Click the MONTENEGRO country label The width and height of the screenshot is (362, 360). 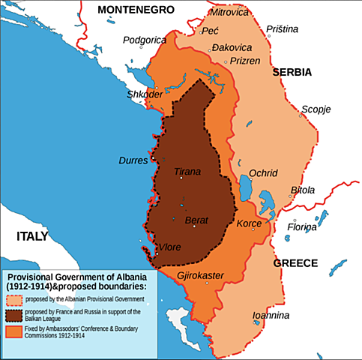pos(136,10)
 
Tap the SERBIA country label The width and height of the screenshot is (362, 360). pos(294,73)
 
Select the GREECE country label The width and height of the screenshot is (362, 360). pos(295,263)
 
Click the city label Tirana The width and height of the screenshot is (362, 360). pos(187,172)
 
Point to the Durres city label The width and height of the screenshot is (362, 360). pos(133,160)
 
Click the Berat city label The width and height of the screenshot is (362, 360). pos(196,220)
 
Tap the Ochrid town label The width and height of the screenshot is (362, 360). pos(263,172)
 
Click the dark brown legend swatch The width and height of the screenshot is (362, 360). pos(15,315)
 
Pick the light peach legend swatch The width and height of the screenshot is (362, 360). pos(15,300)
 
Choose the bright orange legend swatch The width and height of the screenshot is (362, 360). pos(15,331)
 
